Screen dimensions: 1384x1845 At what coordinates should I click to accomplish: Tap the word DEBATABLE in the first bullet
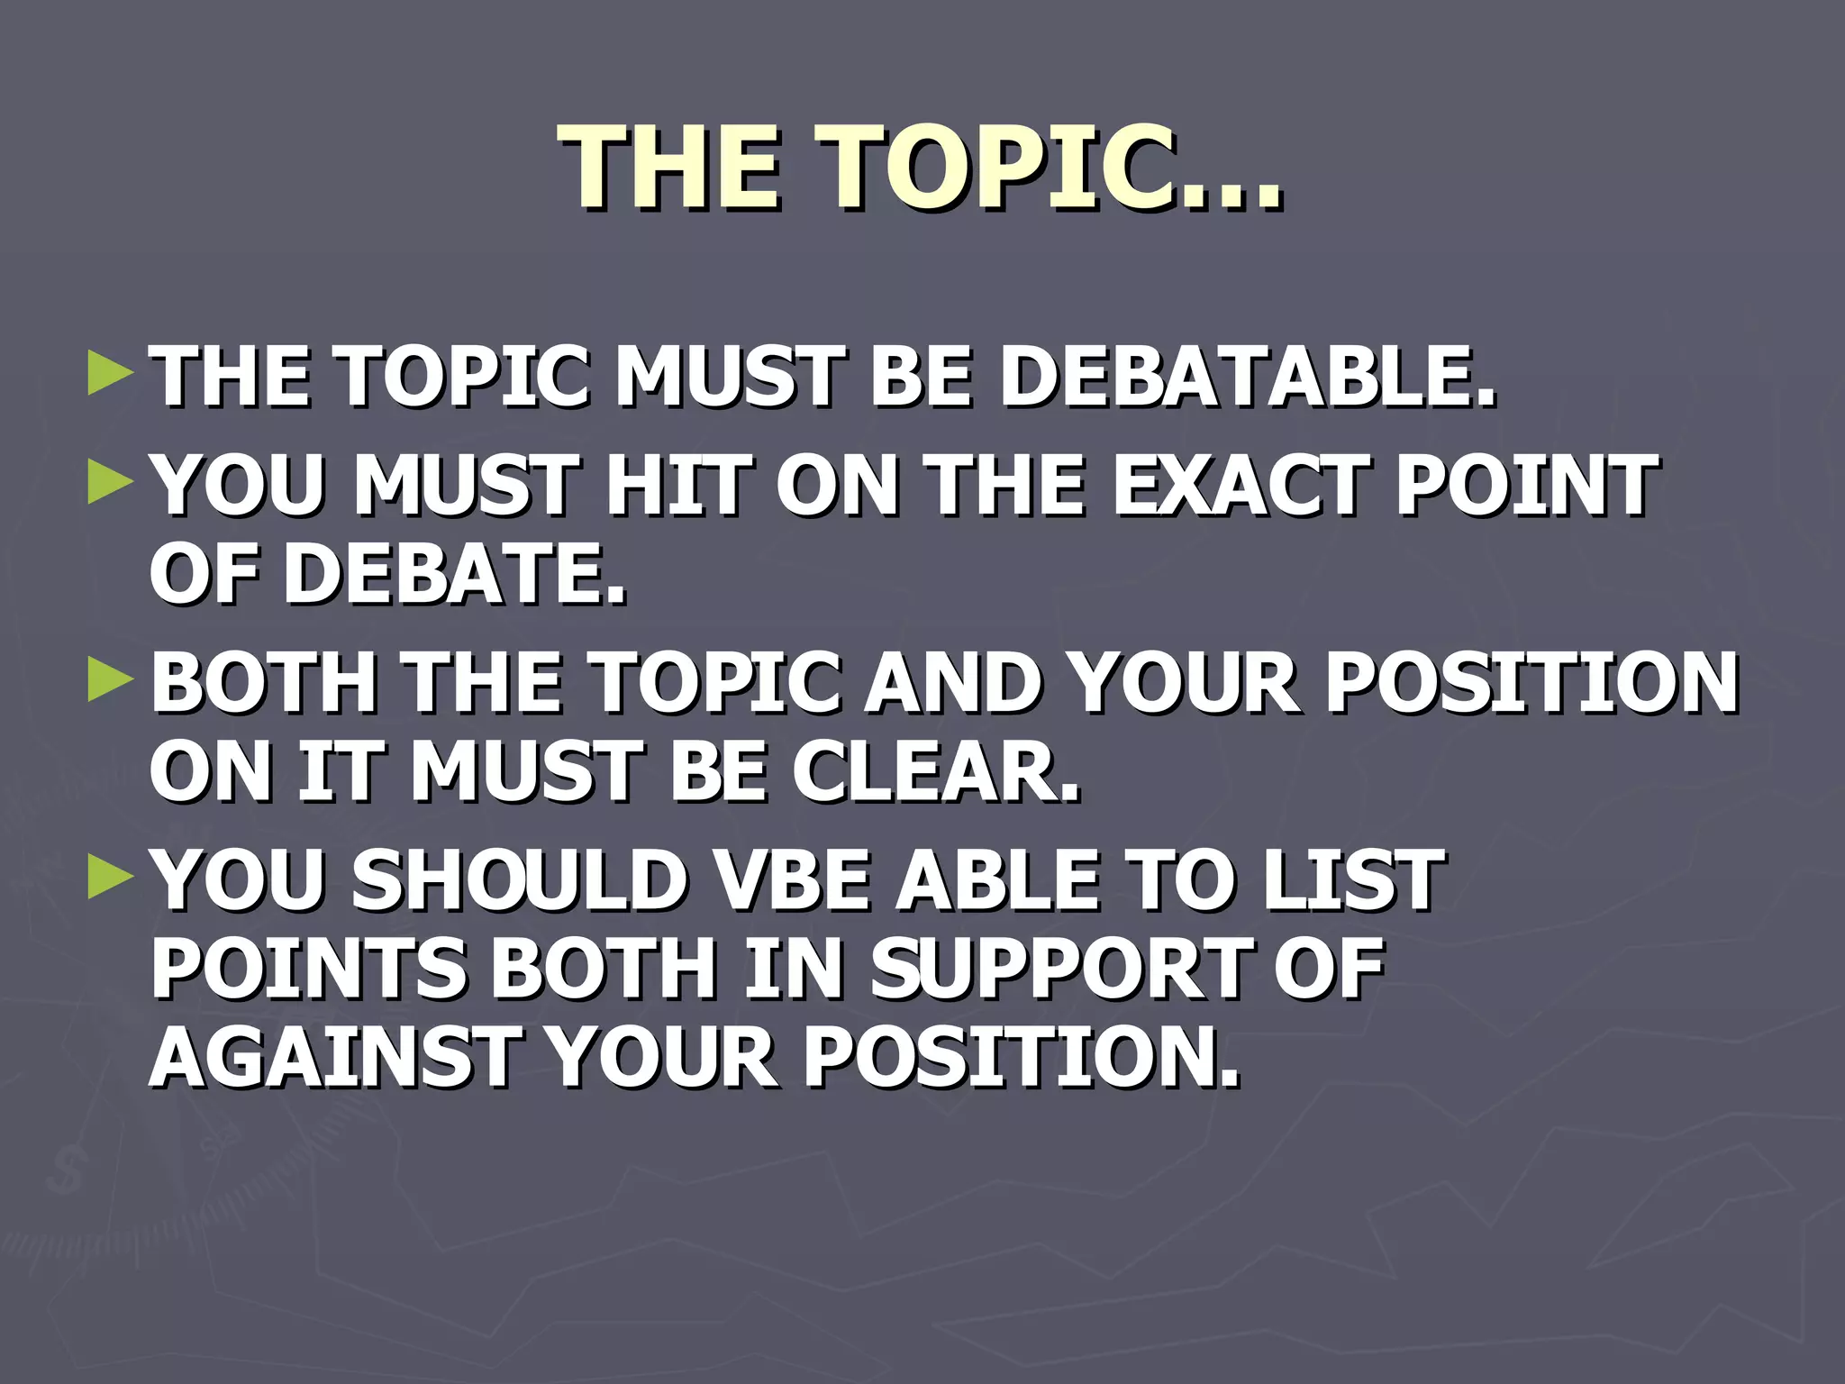click(1248, 377)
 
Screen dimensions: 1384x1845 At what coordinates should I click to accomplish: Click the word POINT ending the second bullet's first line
click(1526, 486)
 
